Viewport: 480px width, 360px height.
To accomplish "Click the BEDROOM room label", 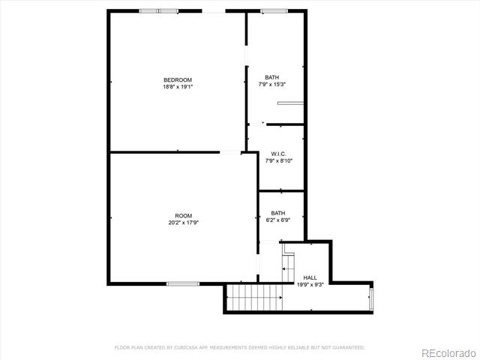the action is tap(178, 80).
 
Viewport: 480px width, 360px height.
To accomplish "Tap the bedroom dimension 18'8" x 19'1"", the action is tap(178, 87).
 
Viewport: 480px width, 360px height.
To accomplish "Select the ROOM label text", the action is tap(183, 216).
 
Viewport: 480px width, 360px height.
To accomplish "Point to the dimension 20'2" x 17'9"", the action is tap(183, 223).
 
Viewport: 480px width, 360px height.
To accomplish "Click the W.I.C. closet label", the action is tap(278, 154).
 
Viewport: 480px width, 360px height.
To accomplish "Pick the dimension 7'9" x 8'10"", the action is tap(278, 160).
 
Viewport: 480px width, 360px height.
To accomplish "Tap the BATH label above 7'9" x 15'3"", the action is tap(271, 77).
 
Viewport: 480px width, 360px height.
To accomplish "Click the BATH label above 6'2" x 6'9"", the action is tap(278, 213).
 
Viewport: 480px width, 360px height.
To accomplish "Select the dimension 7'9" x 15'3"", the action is tap(271, 84).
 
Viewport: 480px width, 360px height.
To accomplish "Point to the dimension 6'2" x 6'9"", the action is tap(278, 220).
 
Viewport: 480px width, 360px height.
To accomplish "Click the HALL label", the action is tap(310, 277).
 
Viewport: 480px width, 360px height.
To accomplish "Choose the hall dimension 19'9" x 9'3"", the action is tap(310, 284).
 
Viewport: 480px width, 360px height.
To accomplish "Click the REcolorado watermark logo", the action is tap(448, 353).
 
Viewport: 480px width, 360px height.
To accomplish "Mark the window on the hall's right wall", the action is tap(371, 299).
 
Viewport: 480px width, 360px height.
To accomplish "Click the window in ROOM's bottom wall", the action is tap(183, 283).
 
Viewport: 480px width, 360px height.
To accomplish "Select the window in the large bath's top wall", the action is tap(274, 11).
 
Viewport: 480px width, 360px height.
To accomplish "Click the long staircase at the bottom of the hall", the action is tap(255, 297).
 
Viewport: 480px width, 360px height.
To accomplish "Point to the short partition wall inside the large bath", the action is tap(290, 103).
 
